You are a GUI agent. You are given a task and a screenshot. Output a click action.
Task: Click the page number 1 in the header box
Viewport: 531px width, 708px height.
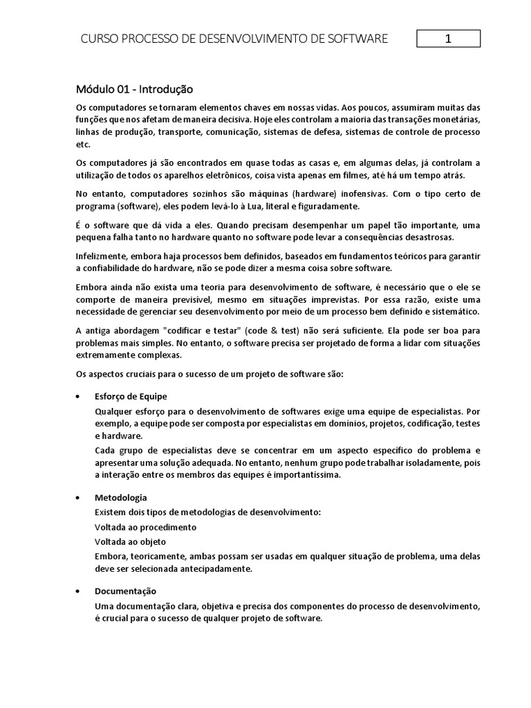pos(448,39)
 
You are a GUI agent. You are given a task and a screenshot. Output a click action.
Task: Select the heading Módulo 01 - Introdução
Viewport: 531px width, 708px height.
pos(134,89)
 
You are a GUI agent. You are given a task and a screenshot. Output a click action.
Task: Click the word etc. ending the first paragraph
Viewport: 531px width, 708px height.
pos(82,145)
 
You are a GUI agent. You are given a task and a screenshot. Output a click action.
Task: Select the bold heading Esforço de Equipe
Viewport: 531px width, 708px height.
pos(131,396)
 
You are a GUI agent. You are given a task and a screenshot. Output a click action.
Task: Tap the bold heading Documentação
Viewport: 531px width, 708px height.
pos(125,591)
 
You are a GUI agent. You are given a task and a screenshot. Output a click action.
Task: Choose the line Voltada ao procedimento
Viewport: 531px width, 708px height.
pos(145,527)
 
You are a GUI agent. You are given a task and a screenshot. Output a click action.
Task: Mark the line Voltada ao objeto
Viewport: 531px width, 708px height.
pos(130,541)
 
